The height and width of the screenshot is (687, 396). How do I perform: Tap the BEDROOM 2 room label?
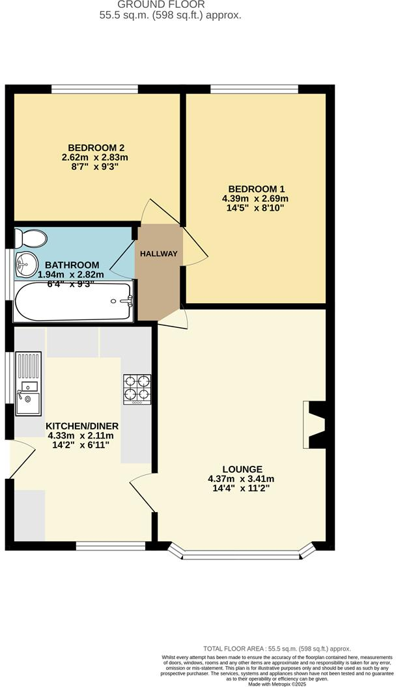pos(94,147)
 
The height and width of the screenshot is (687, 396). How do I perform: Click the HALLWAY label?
pos(159,254)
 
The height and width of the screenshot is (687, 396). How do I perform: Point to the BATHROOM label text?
pos(68,265)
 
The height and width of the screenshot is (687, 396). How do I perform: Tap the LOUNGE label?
pos(242,468)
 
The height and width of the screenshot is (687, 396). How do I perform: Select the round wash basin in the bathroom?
pos(26,263)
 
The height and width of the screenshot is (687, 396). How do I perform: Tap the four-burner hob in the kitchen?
pos(137,389)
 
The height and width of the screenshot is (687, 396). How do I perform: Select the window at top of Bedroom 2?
pos(94,88)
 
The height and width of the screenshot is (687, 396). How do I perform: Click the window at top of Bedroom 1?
pos(254,88)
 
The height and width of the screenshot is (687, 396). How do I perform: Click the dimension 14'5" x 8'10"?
pos(255,208)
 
